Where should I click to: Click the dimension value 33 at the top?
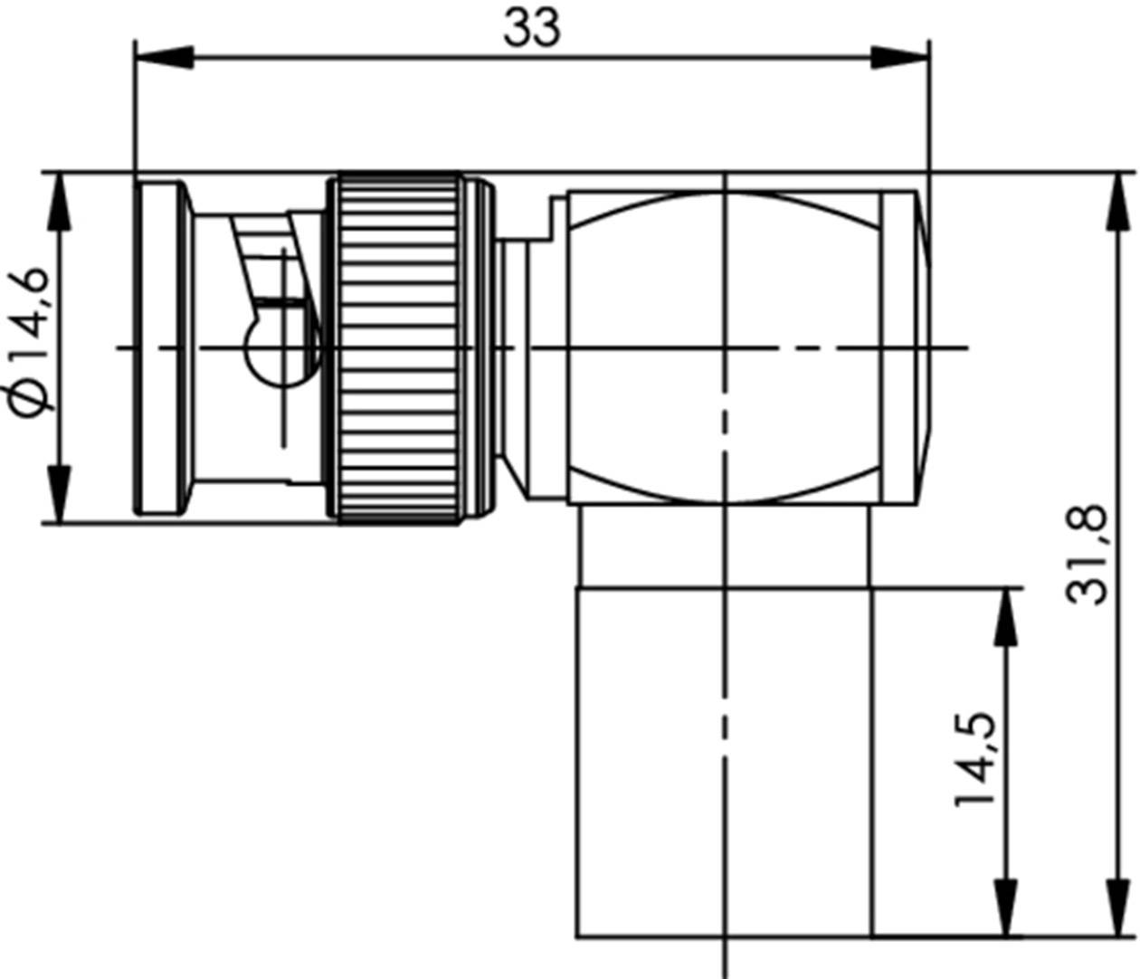point(532,29)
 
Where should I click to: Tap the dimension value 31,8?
point(1087,554)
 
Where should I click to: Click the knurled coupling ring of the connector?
point(396,347)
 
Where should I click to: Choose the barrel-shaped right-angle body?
point(724,347)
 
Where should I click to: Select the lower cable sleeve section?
point(724,760)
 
